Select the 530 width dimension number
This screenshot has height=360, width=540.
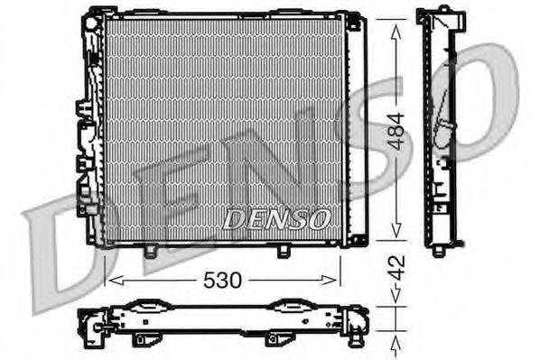click(222, 281)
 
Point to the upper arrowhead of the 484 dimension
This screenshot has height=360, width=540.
click(395, 25)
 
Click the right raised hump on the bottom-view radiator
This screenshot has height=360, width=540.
click(292, 306)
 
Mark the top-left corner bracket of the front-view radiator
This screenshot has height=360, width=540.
click(93, 18)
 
